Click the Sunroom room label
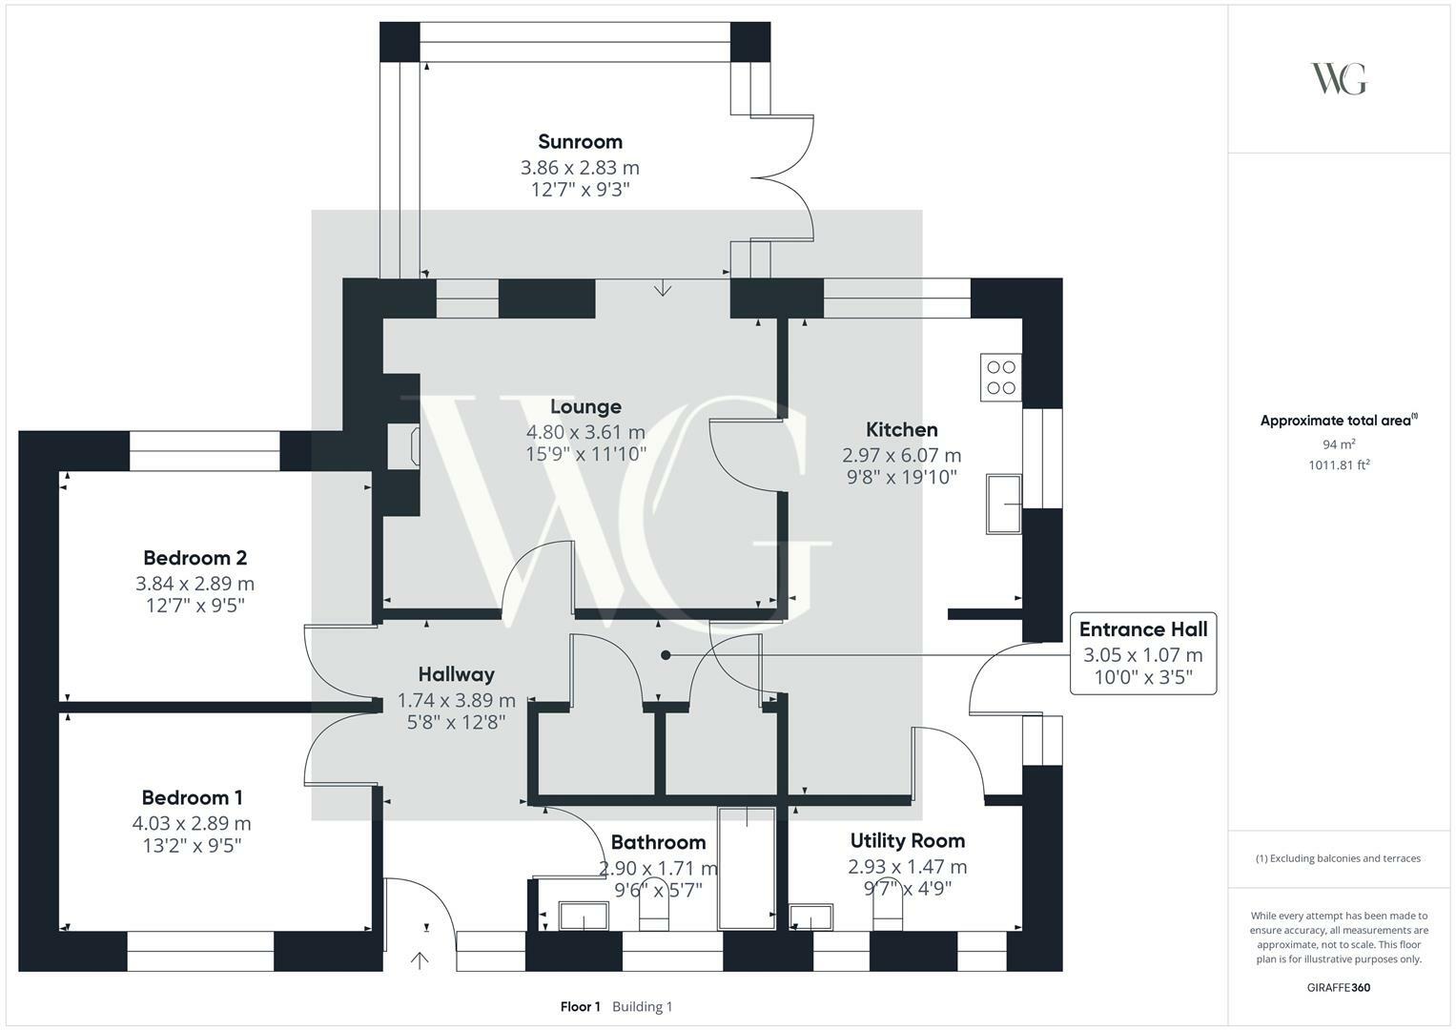[580, 142]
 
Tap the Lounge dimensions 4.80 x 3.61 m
[585, 432]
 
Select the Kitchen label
[902, 430]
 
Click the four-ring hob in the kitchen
[1001, 377]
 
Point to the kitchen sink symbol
[1004, 504]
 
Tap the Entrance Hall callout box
[1143, 653]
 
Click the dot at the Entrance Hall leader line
[666, 655]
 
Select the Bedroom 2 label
[195, 558]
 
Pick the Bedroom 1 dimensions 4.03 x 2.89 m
[192, 823]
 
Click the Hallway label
[457, 674]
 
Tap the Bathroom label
[659, 843]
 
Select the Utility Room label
[908, 841]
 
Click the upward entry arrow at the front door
[420, 960]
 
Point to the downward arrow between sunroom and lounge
[663, 288]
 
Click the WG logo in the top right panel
[1339, 78]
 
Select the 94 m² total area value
[1339, 444]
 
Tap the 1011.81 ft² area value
[1339, 465]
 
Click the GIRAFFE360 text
[1339, 988]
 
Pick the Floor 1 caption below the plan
[581, 1006]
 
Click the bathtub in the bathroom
[747, 868]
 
